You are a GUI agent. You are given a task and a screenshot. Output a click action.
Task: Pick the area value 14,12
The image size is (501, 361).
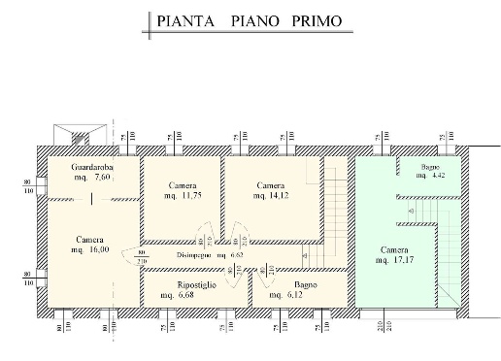[x=278, y=195]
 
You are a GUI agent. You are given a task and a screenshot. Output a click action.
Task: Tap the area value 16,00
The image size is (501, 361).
[x=101, y=250]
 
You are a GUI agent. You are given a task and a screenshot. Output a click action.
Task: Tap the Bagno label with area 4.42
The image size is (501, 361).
[x=428, y=168]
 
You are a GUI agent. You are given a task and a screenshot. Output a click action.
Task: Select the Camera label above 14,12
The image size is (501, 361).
[x=270, y=184]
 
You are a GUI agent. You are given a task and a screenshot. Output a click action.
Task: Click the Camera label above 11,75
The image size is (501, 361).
[x=183, y=184]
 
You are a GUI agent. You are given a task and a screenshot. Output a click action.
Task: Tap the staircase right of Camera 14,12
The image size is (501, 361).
[x=336, y=209]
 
